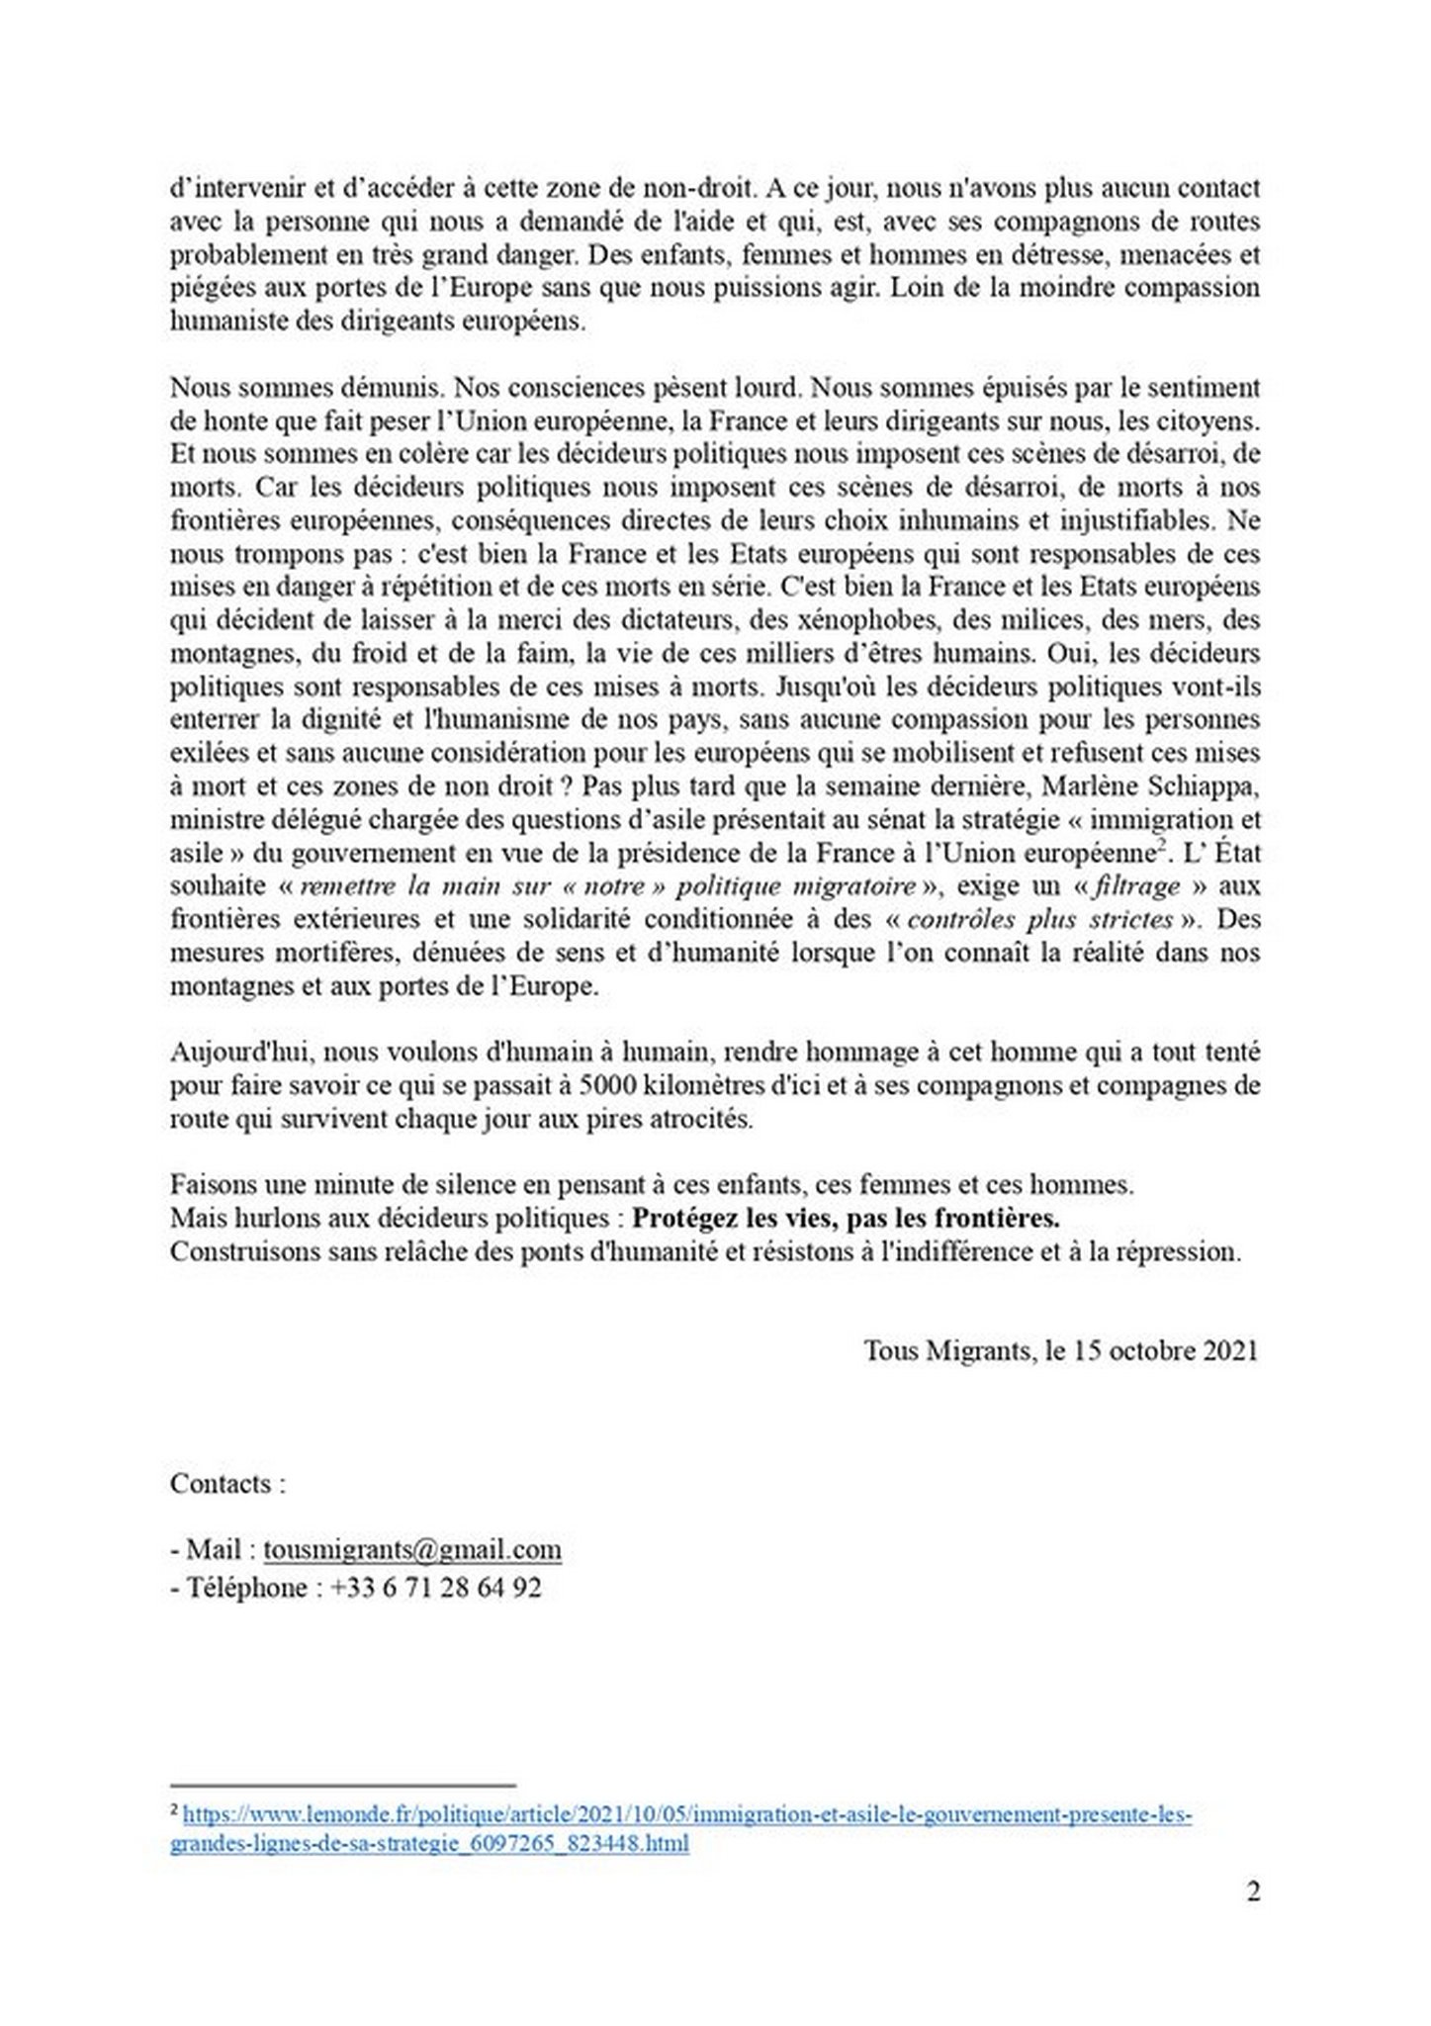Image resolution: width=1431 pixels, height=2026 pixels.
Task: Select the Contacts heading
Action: coord(227,1484)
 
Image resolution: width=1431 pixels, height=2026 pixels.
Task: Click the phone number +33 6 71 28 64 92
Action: coord(436,1588)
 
